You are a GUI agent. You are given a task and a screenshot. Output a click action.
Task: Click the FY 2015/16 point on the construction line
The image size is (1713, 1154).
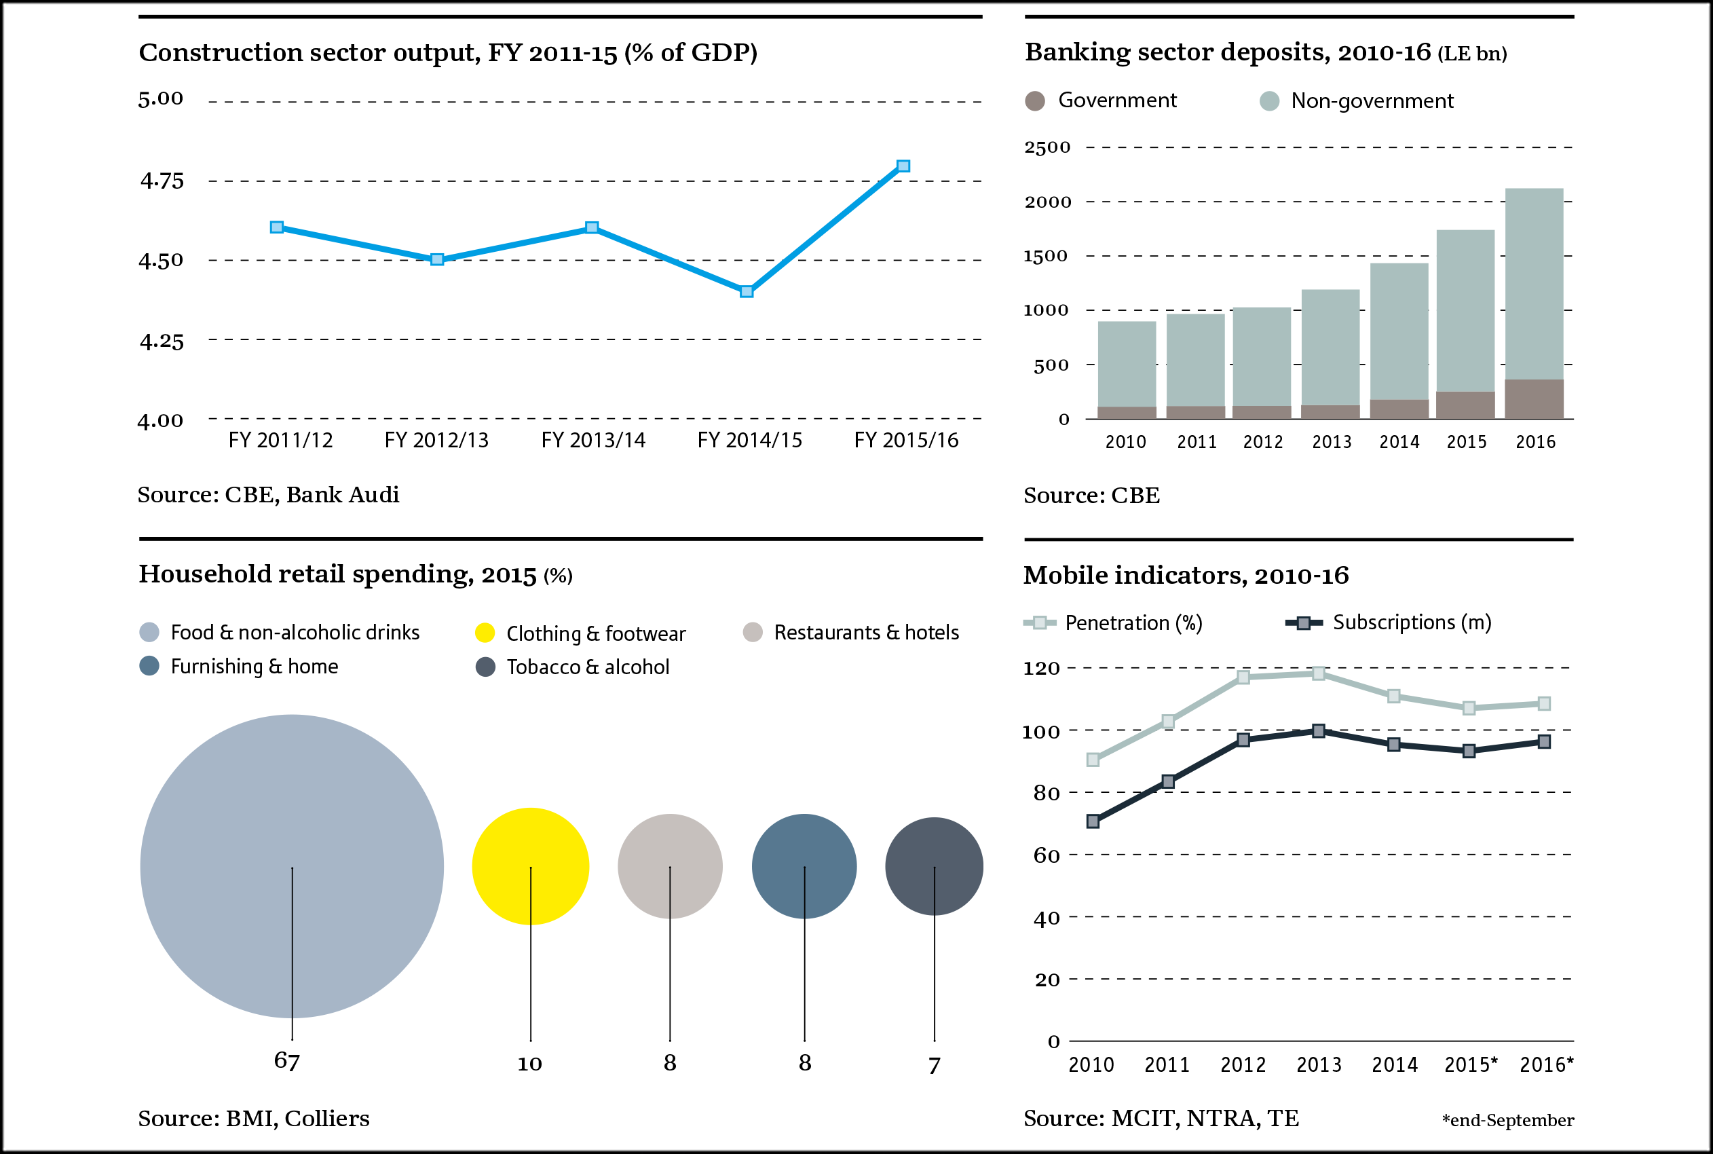[903, 166]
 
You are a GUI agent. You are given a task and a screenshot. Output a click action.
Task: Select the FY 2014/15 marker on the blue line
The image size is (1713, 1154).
[747, 291]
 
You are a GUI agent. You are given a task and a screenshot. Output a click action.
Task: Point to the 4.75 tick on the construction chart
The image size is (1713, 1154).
[162, 181]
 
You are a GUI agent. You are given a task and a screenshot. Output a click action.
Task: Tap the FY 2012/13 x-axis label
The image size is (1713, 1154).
[436, 440]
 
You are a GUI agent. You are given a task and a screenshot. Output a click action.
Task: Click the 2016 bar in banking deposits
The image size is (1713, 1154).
[1535, 303]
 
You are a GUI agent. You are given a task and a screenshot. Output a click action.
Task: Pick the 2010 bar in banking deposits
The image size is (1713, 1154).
[1127, 369]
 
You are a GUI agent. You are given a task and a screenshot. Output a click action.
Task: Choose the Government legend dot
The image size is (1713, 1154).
[1035, 101]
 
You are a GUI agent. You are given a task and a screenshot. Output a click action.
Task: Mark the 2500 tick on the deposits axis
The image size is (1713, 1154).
[1047, 147]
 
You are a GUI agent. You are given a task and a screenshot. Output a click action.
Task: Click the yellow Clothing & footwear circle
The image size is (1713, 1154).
[531, 866]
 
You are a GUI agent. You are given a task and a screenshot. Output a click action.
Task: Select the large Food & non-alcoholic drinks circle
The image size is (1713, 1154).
[292, 866]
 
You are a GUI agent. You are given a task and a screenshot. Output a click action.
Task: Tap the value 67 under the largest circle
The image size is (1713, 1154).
[287, 1061]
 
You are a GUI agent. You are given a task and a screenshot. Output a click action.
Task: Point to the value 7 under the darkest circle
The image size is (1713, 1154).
[935, 1066]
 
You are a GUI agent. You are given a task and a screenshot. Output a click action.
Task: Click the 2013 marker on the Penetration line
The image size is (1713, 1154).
[1319, 673]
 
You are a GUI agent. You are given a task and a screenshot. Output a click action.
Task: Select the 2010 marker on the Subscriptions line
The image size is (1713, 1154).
[1093, 821]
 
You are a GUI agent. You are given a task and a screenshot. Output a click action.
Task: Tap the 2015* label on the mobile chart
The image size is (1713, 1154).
[1470, 1064]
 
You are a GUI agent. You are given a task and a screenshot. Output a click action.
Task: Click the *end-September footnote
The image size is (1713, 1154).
[1508, 1120]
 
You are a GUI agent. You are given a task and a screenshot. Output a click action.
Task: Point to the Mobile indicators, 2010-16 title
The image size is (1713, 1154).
[1186, 576]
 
